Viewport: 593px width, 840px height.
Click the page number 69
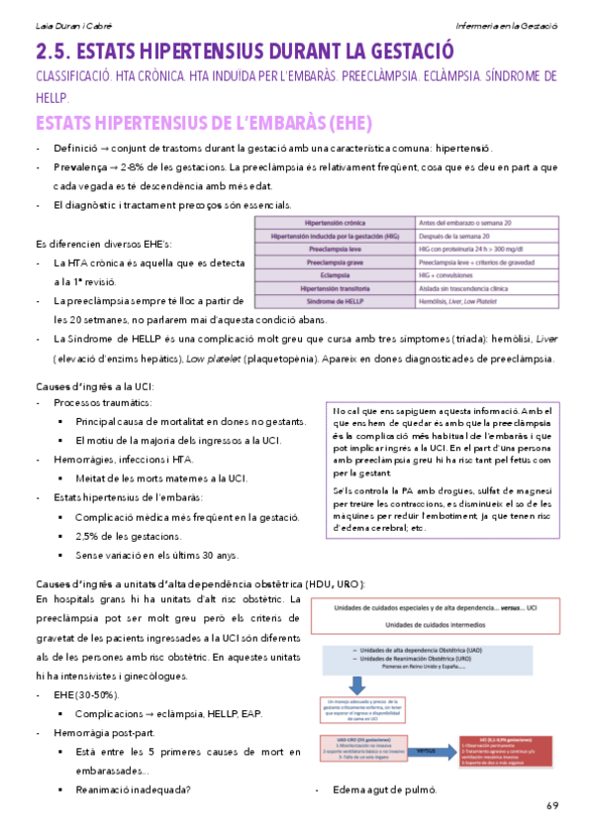click(x=551, y=804)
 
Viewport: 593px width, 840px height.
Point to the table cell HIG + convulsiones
click(x=455, y=273)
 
